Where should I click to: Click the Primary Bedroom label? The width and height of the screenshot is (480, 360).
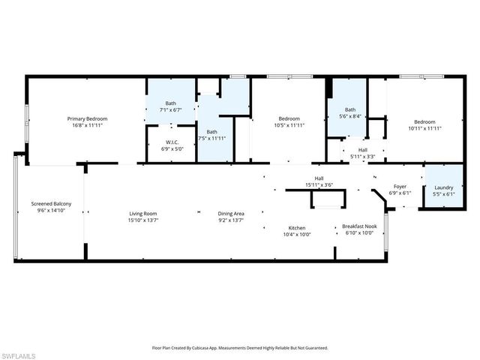(x=87, y=118)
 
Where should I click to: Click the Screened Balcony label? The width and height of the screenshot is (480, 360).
(x=52, y=203)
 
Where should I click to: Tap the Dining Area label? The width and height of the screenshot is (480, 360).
(x=231, y=214)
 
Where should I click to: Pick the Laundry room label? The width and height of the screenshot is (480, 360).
(x=442, y=187)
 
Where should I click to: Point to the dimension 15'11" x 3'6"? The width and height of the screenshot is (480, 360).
(x=319, y=184)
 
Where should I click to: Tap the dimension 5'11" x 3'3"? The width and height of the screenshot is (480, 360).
(x=363, y=156)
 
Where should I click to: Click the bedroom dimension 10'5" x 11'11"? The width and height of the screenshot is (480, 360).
(x=289, y=125)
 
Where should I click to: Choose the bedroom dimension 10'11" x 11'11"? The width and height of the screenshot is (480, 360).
(x=424, y=128)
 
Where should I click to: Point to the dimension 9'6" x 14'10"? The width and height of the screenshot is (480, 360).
(x=52, y=210)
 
